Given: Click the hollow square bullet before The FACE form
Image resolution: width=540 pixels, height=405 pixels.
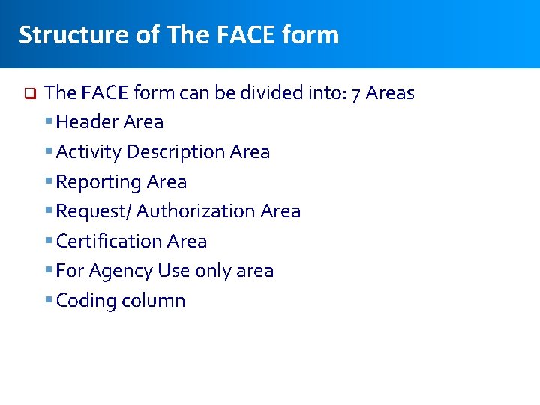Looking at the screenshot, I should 29,94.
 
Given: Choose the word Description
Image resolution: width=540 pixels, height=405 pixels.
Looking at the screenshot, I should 175,151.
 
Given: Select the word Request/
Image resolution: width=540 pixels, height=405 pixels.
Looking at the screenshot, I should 94,211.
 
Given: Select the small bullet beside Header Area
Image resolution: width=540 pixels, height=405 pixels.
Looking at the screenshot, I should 49,121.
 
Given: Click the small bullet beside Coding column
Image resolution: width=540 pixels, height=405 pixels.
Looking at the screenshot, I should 49,300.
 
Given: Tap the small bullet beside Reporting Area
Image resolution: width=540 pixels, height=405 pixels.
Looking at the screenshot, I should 49,181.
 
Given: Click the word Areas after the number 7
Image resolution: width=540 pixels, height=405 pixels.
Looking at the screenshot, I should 391,93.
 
